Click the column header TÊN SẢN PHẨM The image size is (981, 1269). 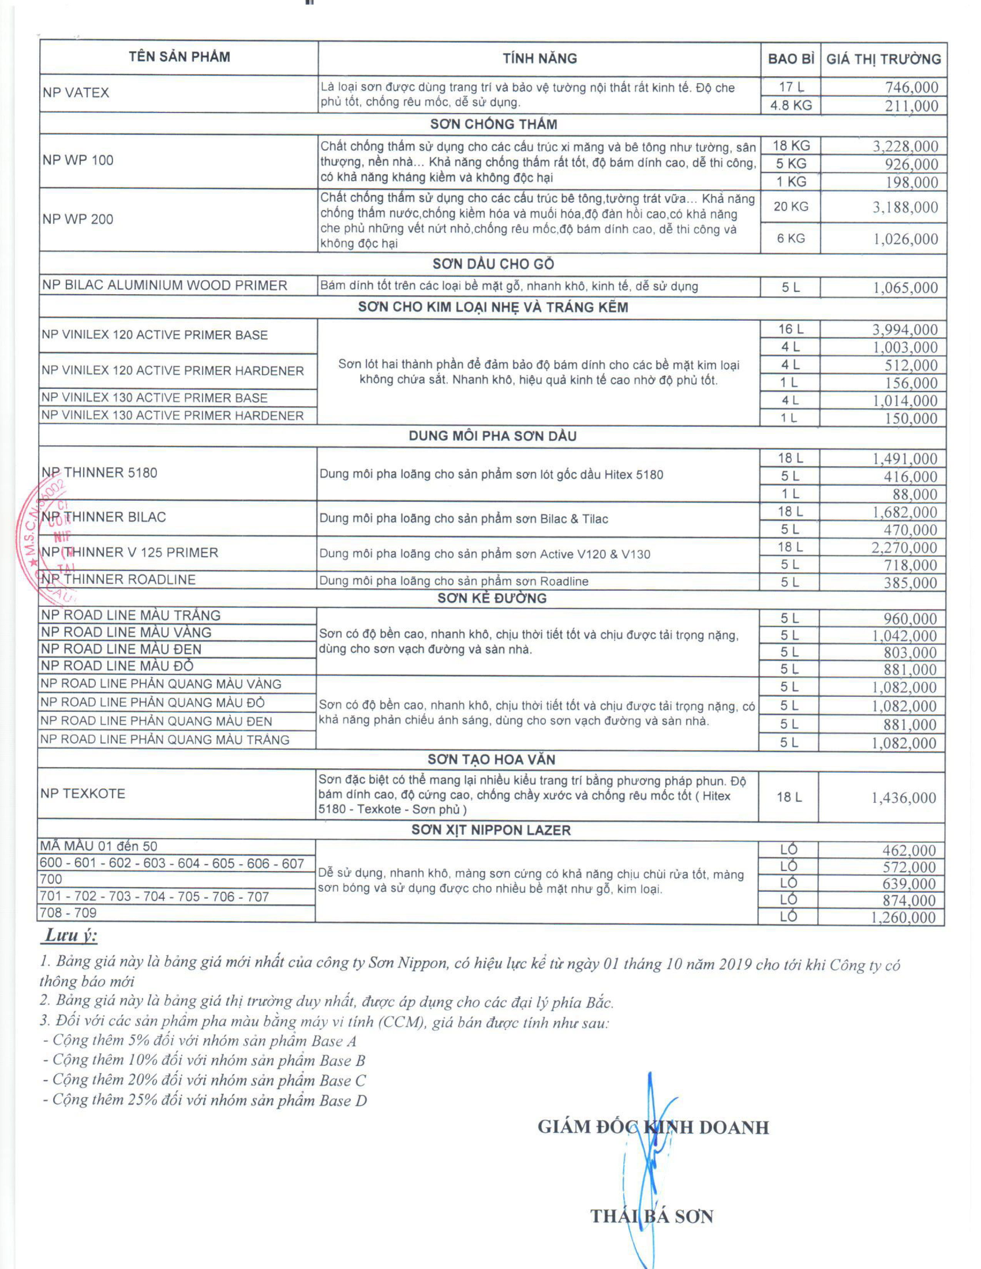point(179,57)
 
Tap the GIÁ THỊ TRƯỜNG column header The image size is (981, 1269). point(883,59)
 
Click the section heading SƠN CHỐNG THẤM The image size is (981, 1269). point(494,124)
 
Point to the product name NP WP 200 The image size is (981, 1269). point(78,220)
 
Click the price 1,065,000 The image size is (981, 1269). point(906,288)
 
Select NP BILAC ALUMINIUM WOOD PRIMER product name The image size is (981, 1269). point(165,285)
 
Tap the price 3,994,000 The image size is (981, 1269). point(905,330)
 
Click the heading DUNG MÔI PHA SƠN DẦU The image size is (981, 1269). point(492,436)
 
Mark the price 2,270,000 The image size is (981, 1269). point(904,547)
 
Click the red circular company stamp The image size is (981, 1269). point(43,540)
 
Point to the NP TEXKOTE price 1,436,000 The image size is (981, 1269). point(903,798)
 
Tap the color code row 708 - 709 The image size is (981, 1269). point(68,913)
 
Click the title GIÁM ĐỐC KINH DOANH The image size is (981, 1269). point(652,1127)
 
